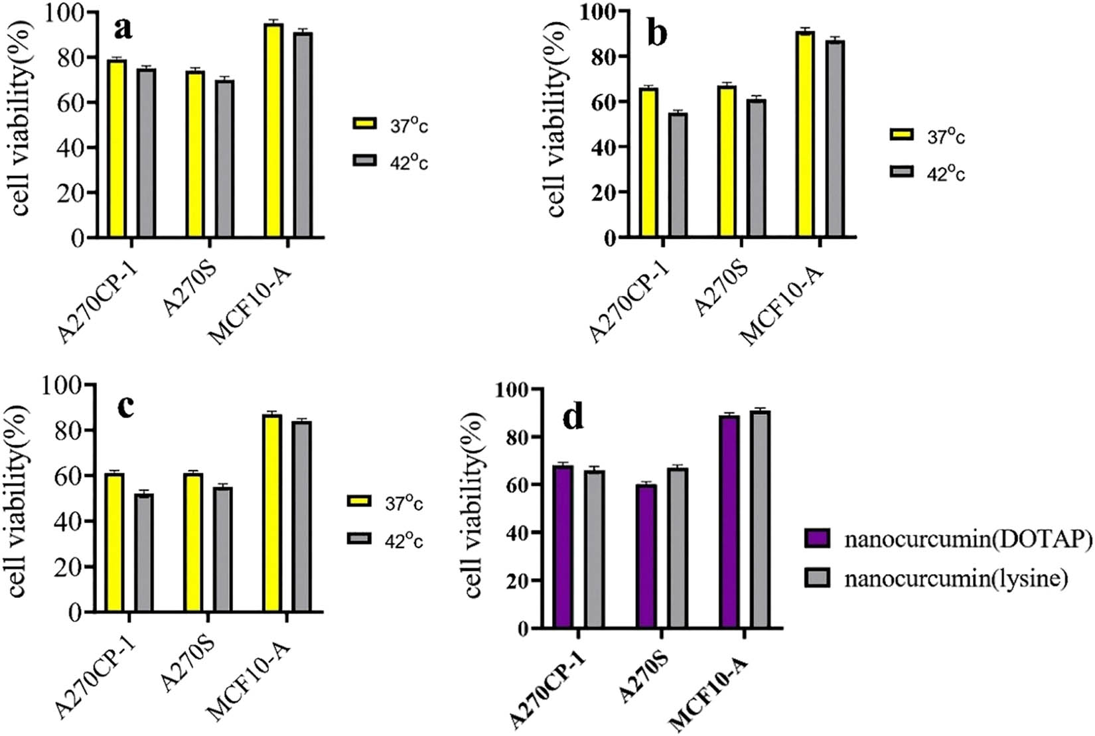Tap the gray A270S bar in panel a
pyautogui.click(x=224, y=159)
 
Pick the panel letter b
pyautogui.click(x=657, y=33)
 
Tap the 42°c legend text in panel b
pyautogui.click(x=946, y=173)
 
